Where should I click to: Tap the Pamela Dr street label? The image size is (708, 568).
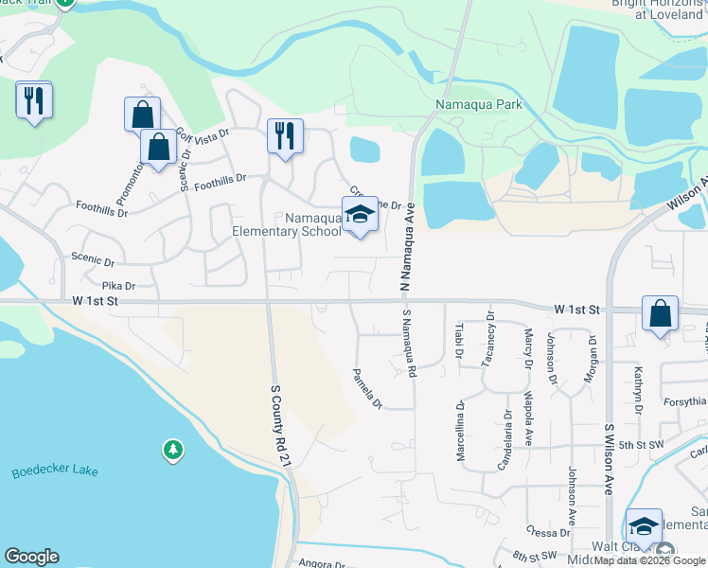pyautogui.click(x=366, y=389)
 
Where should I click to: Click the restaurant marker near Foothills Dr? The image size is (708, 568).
pyautogui.click(x=285, y=135)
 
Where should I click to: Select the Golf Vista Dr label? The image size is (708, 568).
pyautogui.click(x=203, y=141)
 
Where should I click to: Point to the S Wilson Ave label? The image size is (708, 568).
pyautogui.click(x=610, y=458)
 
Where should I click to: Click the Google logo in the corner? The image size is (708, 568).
pyautogui.click(x=31, y=557)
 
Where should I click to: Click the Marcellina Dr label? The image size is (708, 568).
pyautogui.click(x=460, y=431)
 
